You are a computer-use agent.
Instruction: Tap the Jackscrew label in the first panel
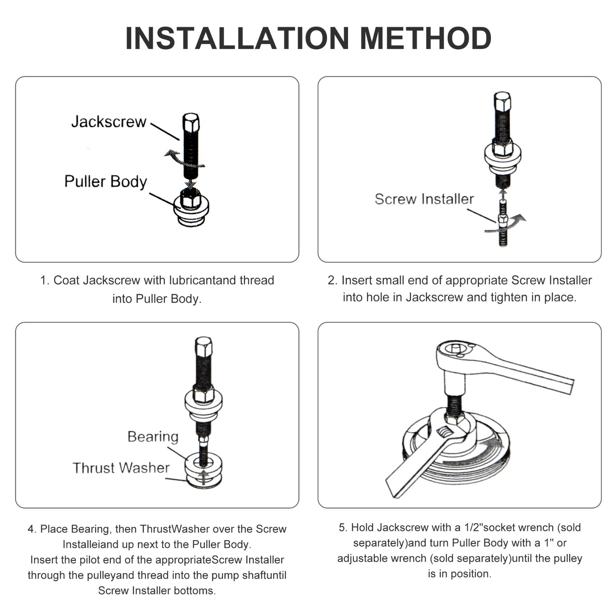(x=109, y=122)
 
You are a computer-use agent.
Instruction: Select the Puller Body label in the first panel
(x=106, y=181)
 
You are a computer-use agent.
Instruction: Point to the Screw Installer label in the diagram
(x=424, y=199)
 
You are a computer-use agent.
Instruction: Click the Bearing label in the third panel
(x=153, y=437)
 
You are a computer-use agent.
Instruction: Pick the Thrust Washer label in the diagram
(x=121, y=468)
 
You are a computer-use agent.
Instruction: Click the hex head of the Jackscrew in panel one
(x=191, y=123)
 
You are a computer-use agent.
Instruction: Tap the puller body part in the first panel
(x=191, y=208)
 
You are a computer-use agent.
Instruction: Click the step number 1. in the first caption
(x=45, y=280)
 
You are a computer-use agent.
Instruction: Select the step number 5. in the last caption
(x=343, y=527)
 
